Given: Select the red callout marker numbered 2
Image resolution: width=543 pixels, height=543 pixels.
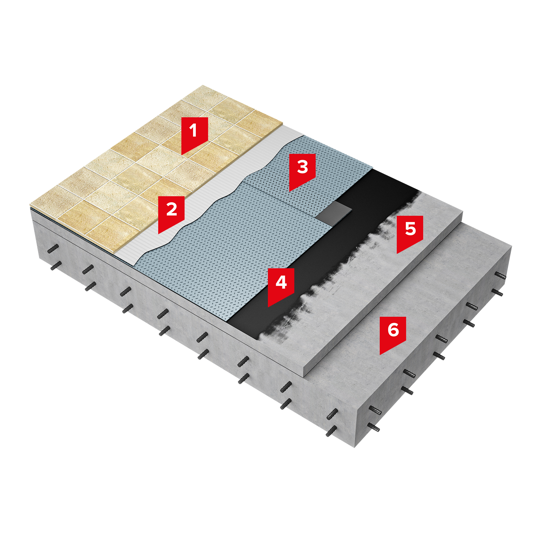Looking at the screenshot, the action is pos(172,214).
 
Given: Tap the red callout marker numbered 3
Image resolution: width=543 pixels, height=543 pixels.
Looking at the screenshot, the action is pos(302,171).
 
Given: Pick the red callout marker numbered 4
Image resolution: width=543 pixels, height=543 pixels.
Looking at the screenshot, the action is pos(281,286).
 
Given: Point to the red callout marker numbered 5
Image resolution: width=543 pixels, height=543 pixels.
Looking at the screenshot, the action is pos(410,233).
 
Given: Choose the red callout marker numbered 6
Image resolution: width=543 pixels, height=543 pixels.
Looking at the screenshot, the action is pos(393,334).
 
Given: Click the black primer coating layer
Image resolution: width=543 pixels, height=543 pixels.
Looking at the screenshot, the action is pos(326,253).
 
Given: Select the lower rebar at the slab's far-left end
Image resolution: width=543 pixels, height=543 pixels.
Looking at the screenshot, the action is pos(55,266).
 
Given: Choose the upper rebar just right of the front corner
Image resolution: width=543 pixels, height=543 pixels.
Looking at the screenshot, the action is pos(375,411).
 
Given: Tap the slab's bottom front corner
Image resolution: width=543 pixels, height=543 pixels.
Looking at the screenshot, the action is pos(355,447).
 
